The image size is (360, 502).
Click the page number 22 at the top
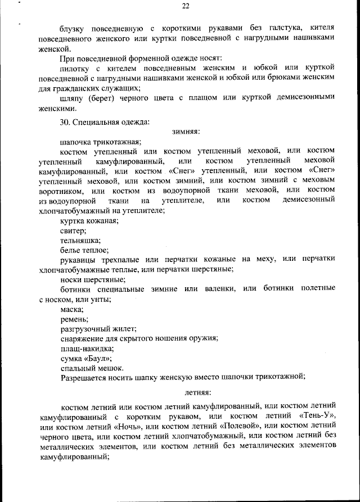point(186,6)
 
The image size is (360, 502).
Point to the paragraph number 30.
point(66,121)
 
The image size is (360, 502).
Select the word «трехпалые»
point(128,259)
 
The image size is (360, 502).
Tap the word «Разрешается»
point(88,378)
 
